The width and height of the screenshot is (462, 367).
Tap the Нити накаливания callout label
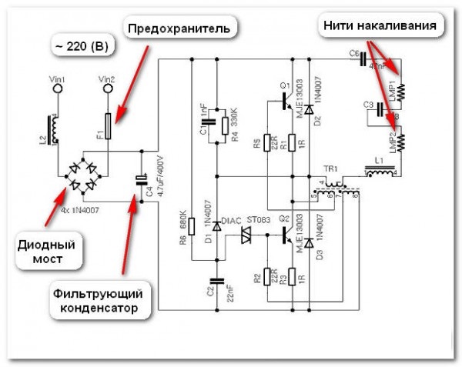pos(380,25)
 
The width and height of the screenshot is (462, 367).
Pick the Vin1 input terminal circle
pos(55,90)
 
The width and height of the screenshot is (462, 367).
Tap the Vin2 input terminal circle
pos(108,90)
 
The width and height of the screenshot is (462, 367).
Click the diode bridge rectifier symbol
pos(82,175)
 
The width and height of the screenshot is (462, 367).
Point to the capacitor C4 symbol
pos(142,180)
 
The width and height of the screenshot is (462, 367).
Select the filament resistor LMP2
pos(401,141)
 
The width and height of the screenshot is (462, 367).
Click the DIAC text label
pos(232,221)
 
